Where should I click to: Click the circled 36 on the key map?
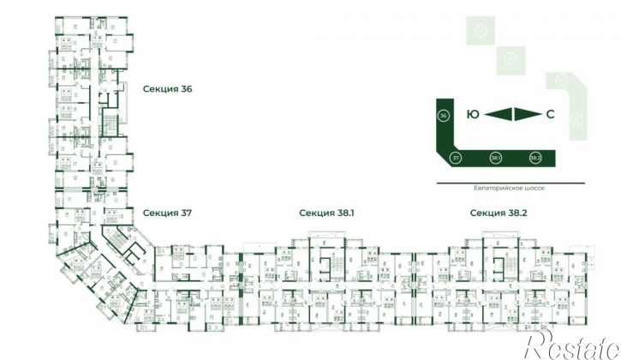[x=443, y=116]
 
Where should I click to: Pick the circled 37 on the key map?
[x=456, y=158]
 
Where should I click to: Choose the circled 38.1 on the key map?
[x=496, y=158]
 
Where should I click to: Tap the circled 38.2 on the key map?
[x=535, y=158]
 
